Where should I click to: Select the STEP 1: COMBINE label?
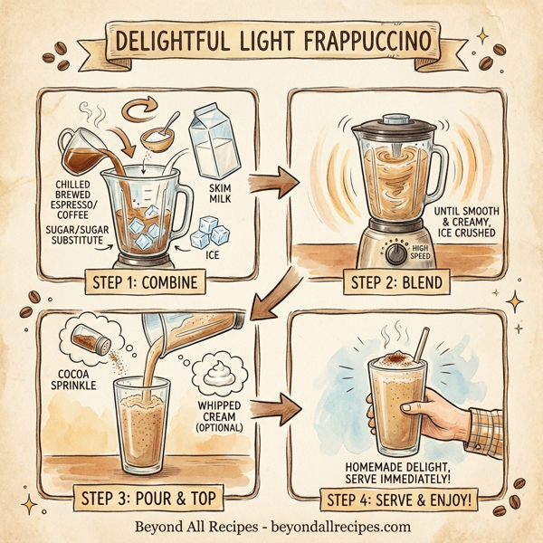click(x=146, y=282)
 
